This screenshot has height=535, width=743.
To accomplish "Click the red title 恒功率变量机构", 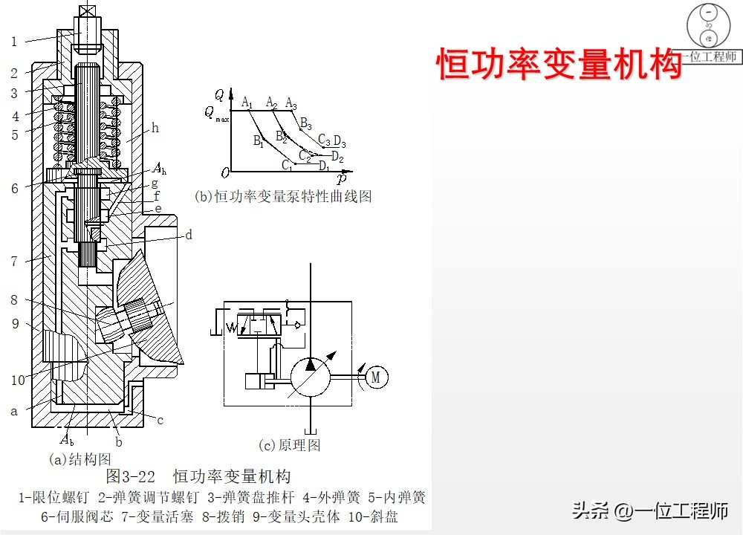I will coord(558,64).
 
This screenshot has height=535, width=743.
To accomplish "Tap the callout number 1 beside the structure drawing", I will coord(13,42).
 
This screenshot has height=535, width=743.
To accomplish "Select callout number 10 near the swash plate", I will coord(19,380).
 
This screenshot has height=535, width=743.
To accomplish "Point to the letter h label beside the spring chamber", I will coord(155,128).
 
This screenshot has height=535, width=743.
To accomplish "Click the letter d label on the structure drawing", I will coord(189,236).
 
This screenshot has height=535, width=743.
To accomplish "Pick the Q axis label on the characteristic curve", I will coord(219,94).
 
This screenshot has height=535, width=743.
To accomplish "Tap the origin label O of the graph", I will coord(224,173).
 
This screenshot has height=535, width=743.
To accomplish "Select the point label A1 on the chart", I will coord(247,102).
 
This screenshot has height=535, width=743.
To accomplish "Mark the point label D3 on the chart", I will coord(340,140).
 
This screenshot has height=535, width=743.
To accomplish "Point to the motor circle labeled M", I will coord(376,377).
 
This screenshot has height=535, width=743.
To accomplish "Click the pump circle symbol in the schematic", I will coord(311,377).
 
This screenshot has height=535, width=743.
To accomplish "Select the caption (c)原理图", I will coord(289,445).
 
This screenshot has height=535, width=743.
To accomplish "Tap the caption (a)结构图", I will coord(80,459).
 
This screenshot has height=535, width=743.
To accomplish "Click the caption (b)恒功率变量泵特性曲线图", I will coord(282,197).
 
